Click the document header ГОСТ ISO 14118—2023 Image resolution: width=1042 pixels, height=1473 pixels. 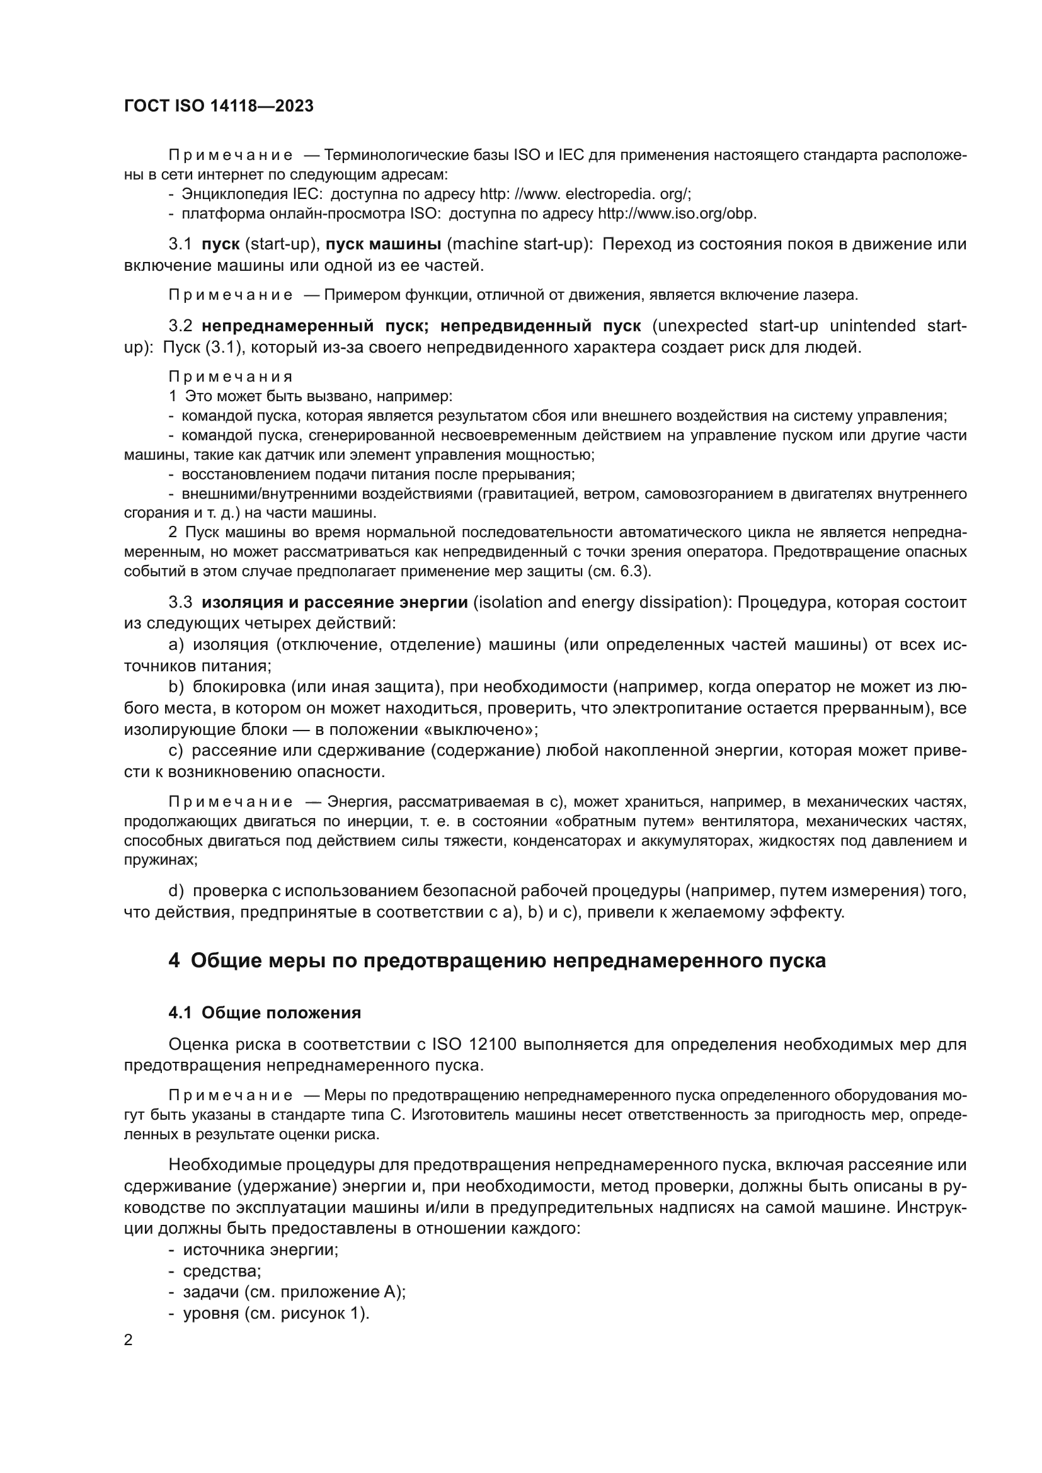(x=219, y=106)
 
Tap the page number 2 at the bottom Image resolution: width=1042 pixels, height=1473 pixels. (x=129, y=1339)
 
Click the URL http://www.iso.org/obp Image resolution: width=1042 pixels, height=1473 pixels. (x=678, y=213)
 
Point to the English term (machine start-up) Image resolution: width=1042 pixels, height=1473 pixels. (x=520, y=244)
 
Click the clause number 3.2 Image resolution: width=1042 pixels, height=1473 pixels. (x=180, y=326)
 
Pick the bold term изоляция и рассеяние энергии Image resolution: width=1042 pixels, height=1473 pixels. (x=335, y=602)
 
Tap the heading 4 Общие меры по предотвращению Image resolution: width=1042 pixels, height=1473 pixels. (x=496, y=960)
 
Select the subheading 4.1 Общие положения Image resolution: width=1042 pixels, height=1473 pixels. (x=265, y=1013)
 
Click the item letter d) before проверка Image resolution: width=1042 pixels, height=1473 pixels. (x=176, y=890)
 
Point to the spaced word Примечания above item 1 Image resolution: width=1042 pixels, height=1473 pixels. (x=231, y=377)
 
